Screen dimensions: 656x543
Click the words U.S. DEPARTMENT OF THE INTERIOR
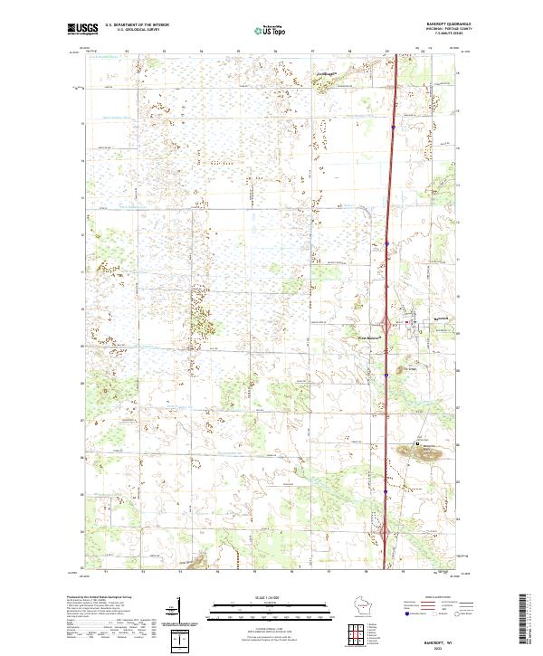click(x=138, y=25)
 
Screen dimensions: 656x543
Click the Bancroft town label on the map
click(x=440, y=319)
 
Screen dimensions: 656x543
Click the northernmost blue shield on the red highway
click(x=395, y=128)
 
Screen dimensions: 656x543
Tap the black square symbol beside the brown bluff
click(x=417, y=443)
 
